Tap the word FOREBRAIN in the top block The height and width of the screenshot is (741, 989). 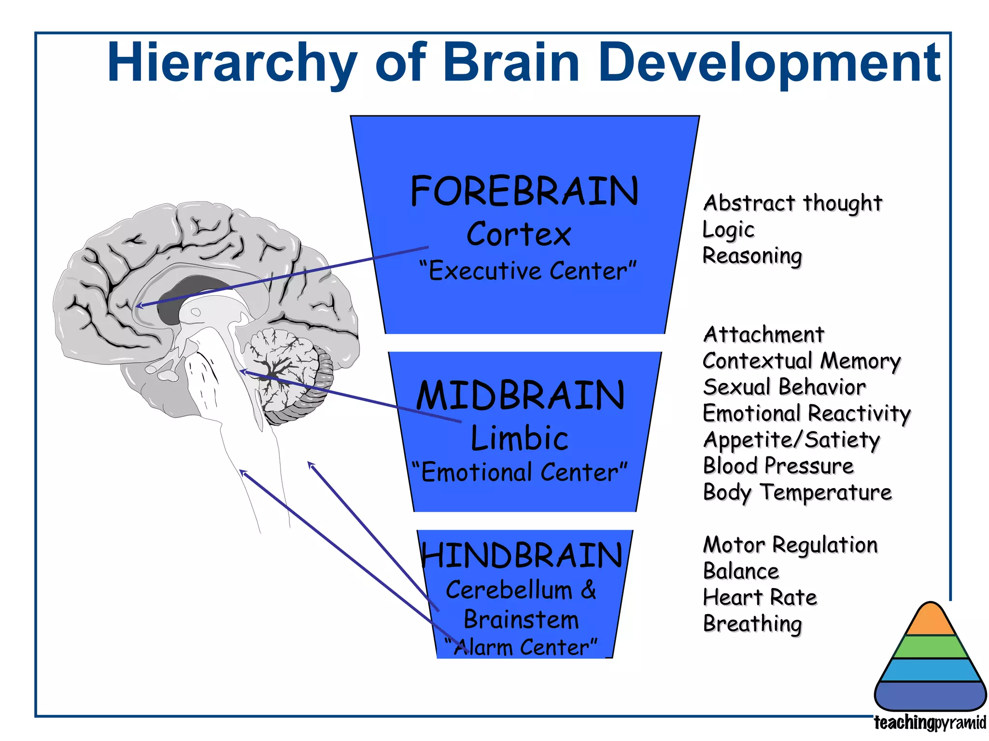coord(524,192)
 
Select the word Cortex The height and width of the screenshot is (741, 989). coord(519,234)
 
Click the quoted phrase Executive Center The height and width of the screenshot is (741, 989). coord(528,271)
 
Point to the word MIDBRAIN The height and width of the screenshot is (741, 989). coord(521,396)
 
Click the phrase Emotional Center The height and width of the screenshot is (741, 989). coord(520,472)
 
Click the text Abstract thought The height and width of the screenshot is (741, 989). coord(792,203)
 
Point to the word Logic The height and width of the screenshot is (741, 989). coord(728,230)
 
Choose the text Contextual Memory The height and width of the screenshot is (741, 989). coord(802,361)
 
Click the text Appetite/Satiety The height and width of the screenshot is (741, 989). coord(791,440)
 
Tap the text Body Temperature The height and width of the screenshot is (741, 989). coord(797,493)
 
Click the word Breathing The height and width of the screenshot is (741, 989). coord(752,624)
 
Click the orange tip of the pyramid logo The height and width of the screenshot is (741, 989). coord(930,621)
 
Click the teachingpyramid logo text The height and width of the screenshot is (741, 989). coord(930,723)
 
